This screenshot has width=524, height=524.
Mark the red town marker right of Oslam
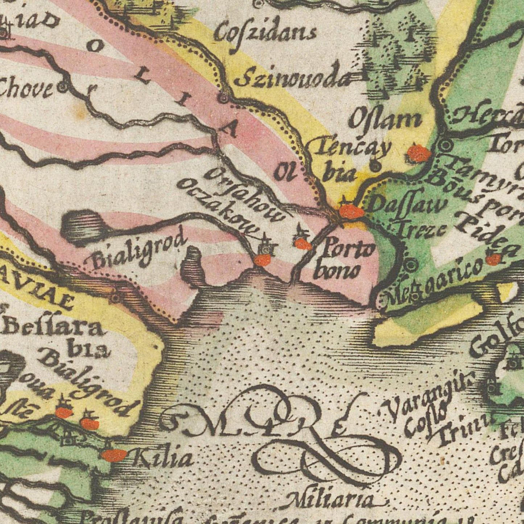(419, 153)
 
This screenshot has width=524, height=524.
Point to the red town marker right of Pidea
(493, 259)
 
